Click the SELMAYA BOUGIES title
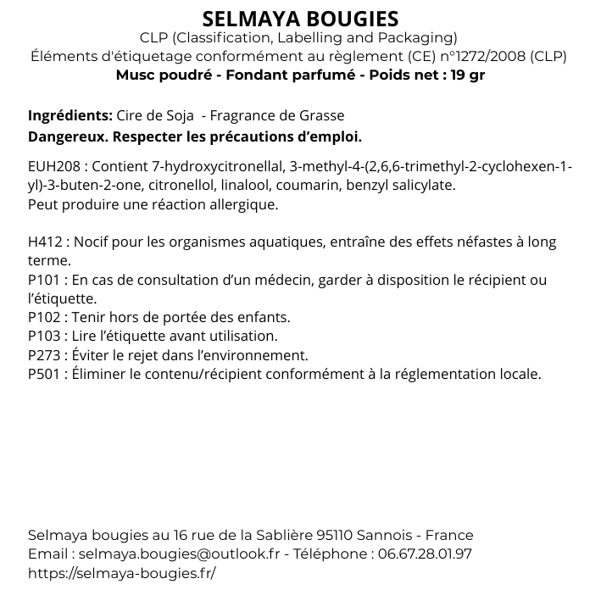click(301, 19)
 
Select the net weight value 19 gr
click(468, 75)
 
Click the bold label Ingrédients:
click(70, 116)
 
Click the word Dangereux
click(67, 136)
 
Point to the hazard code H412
click(44, 242)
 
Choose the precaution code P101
click(43, 281)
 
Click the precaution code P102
click(44, 318)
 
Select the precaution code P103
click(44, 337)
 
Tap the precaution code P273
click(44, 355)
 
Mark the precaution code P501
click(44, 374)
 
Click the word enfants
click(264, 318)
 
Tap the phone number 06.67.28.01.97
click(422, 554)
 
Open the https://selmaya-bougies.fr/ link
click(122, 573)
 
